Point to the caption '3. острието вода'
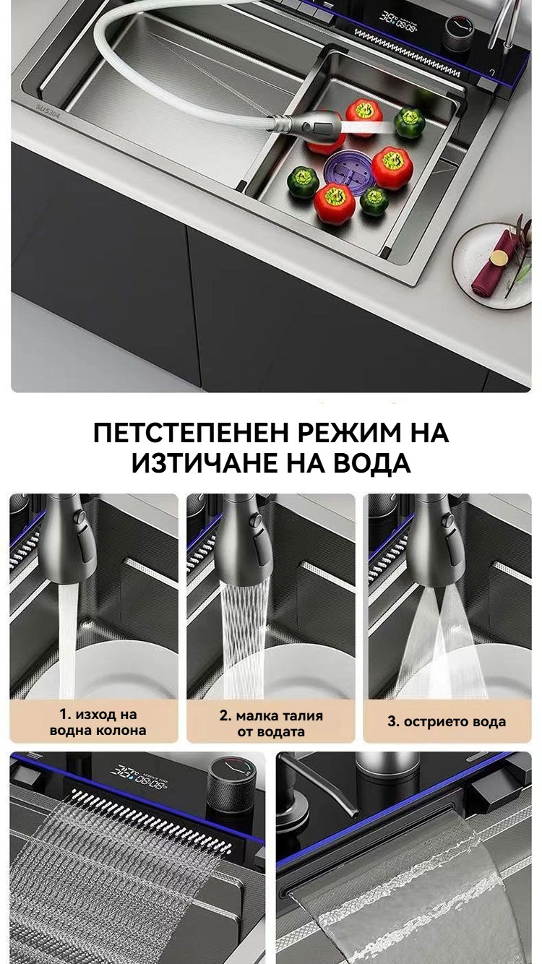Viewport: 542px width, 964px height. click(447, 722)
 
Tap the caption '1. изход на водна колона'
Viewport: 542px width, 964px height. click(98, 722)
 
